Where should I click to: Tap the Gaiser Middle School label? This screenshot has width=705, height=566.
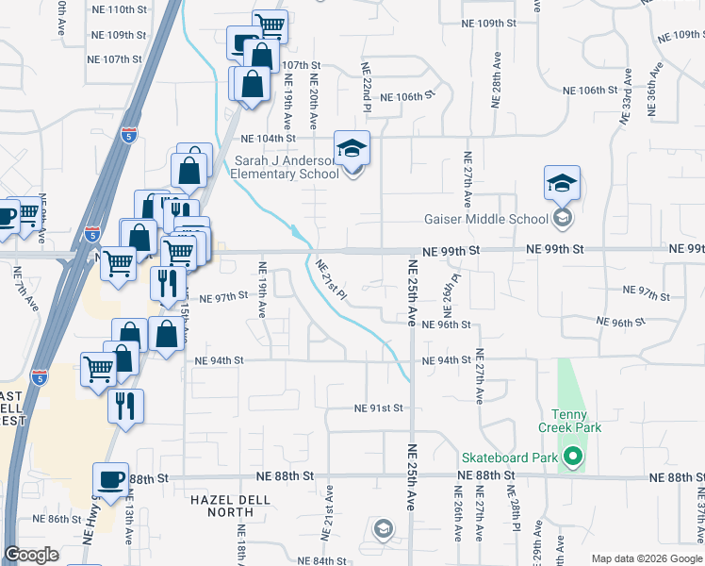[x=485, y=220]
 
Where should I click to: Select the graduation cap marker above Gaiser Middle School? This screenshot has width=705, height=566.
[x=562, y=182]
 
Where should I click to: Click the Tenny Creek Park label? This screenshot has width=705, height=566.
[x=569, y=422]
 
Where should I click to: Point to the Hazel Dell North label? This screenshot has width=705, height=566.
[x=222, y=505]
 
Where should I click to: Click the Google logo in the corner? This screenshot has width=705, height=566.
[x=31, y=555]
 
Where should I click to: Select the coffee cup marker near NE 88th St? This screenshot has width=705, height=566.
[x=111, y=479]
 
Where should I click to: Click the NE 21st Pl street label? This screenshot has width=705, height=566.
[x=332, y=280]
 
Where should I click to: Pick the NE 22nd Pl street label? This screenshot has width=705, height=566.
[x=366, y=84]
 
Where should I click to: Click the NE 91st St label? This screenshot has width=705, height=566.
[x=379, y=408]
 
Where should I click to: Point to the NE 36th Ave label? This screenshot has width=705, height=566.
[x=653, y=90]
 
